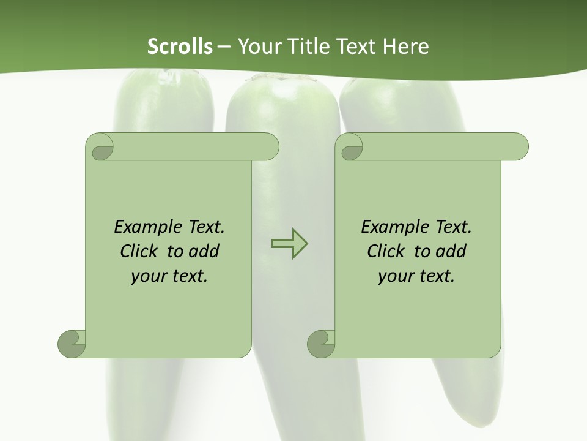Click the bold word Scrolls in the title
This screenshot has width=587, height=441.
point(180,47)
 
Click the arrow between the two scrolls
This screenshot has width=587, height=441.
point(289,244)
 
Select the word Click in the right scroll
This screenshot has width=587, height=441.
point(386,251)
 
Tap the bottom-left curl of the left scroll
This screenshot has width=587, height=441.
point(72,343)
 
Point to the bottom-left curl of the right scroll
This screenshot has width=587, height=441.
point(322,343)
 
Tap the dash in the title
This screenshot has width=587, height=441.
point(224,47)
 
